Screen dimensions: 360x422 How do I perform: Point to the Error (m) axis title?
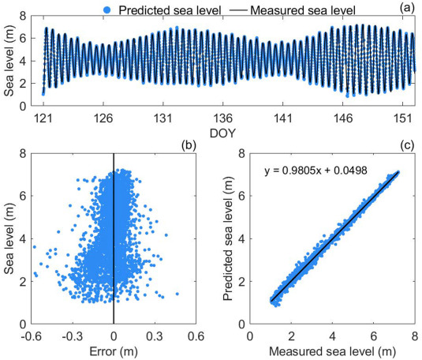pyautogui.click(x=114, y=352)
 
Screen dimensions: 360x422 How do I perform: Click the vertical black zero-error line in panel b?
pyautogui.click(x=114, y=237)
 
